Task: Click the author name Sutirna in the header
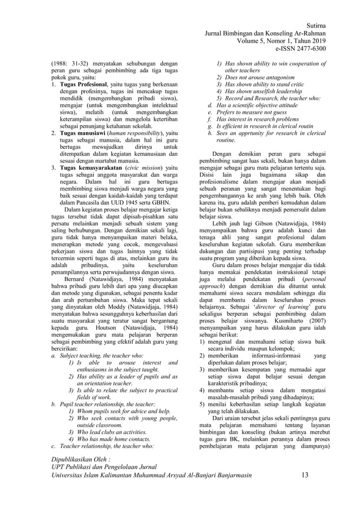pos(314,26)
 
